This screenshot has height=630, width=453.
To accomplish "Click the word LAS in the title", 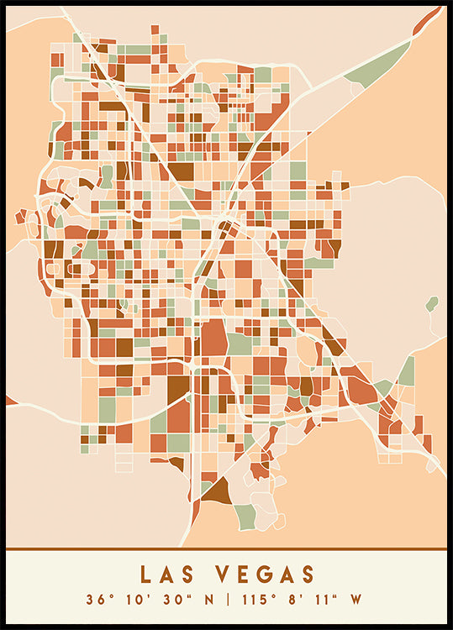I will (167, 575).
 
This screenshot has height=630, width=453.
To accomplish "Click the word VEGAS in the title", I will (263, 575).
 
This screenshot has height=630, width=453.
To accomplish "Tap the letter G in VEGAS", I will (263, 575).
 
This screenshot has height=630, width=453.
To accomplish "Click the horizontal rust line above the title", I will (226, 549).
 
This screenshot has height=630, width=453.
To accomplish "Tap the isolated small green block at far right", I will (432, 303).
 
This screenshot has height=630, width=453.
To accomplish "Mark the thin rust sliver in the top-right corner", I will (429, 21).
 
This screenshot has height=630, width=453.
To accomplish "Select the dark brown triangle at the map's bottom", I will (215, 491).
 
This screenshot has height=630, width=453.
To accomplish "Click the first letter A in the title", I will (167, 575).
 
